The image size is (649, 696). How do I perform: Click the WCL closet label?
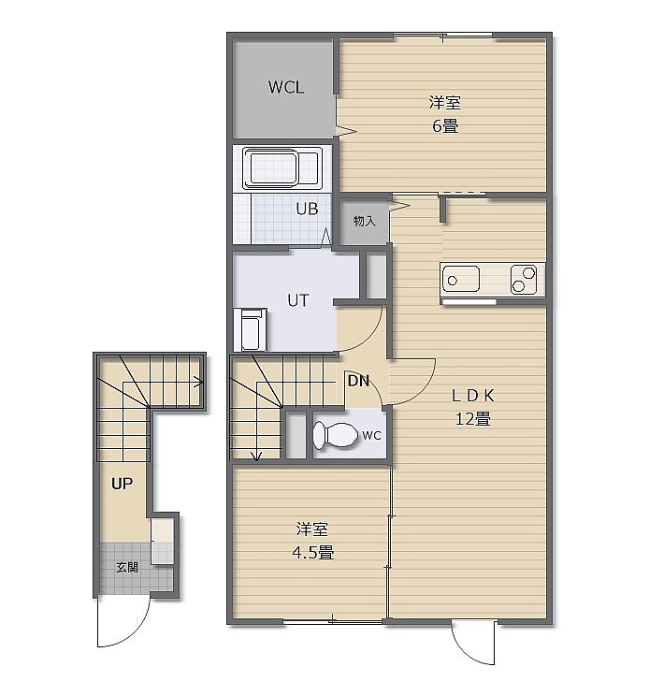click(286, 87)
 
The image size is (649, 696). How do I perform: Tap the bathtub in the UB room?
click(282, 168)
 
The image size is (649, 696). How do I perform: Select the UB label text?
click(307, 209)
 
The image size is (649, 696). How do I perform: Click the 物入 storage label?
click(364, 221)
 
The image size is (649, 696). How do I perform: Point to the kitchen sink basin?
click(461, 279)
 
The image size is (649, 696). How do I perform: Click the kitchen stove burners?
click(524, 279)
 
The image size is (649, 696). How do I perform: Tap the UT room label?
click(297, 300)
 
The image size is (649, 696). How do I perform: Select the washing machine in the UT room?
click(251, 329)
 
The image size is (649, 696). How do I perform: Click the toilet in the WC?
click(335, 435)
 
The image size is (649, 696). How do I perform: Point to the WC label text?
click(372, 435)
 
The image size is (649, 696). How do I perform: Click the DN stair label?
click(358, 381)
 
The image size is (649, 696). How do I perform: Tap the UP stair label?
click(122, 484)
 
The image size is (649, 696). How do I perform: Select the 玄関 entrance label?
click(127, 567)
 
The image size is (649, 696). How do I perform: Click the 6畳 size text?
click(445, 126)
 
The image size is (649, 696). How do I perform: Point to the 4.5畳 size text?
click(312, 553)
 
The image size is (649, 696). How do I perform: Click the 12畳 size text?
click(473, 418)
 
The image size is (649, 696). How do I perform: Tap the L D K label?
click(473, 396)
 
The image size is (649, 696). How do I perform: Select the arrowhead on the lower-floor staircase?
click(199, 381)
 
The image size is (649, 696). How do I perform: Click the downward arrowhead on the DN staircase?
click(256, 457)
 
